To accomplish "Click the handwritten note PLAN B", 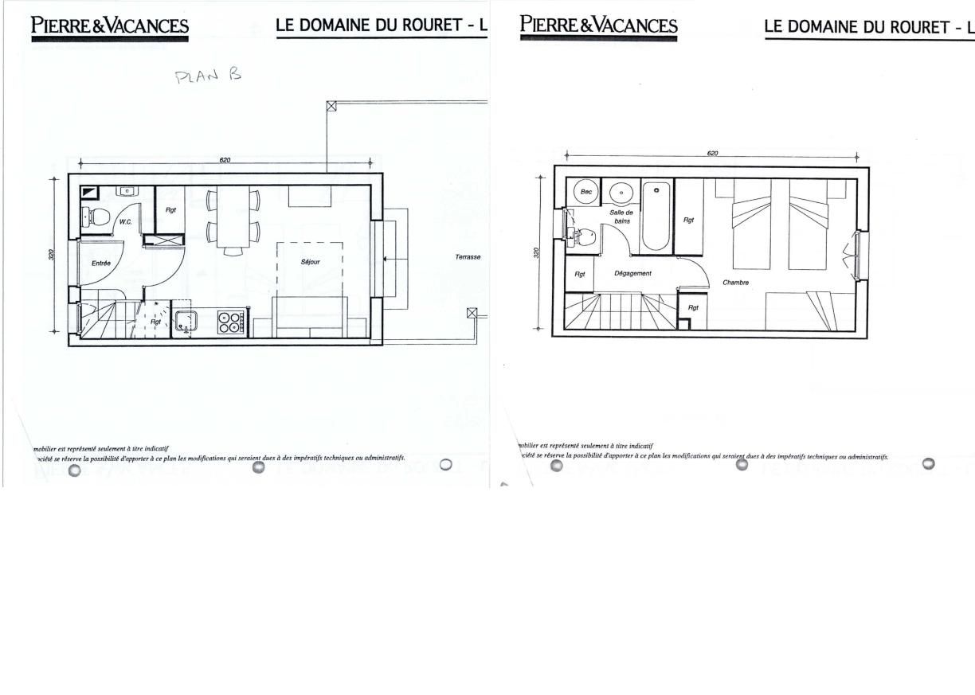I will (x=207, y=76).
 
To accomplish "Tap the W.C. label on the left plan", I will (x=125, y=221).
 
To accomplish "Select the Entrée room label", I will (x=100, y=263).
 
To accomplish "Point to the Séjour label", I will (x=311, y=261).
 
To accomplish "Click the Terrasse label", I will (x=468, y=257).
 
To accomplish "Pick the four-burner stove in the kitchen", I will (x=232, y=322).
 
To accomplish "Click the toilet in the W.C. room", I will (x=97, y=216).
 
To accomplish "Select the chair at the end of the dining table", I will (x=233, y=252).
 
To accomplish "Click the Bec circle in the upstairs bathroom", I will (x=586, y=192).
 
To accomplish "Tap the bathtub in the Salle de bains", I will (x=656, y=217).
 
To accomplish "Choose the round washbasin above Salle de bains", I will (x=621, y=193).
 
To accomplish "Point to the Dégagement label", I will (x=632, y=273).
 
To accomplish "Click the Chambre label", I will (x=735, y=282).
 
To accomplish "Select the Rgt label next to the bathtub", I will (x=689, y=220).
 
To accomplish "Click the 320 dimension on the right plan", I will (x=536, y=252).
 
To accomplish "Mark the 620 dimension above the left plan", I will (x=225, y=160).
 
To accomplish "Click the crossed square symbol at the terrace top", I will (x=331, y=105).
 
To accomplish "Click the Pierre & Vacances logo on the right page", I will (x=598, y=26).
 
